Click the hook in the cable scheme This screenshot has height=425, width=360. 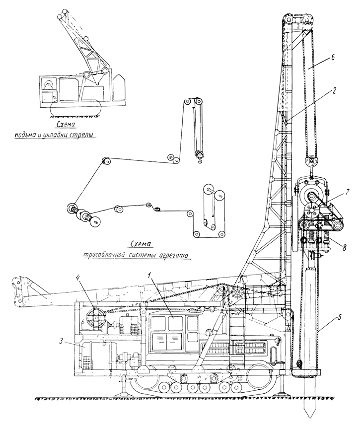200,158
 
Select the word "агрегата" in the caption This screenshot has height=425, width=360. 176,256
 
